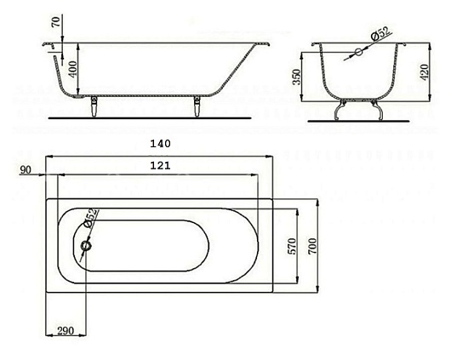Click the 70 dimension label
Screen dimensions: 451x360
tap(56, 22)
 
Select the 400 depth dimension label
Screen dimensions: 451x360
tap(73, 69)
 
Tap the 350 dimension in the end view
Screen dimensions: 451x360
tap(296, 77)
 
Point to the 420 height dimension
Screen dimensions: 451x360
tap(425, 72)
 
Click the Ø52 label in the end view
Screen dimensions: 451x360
tap(381, 34)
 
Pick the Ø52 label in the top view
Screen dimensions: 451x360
tap(90, 218)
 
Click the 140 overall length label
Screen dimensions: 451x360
tap(160, 143)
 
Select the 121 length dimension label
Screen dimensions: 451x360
tap(160, 165)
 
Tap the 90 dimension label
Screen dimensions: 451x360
tap(26, 170)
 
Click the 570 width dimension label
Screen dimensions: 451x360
tap(292, 246)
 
